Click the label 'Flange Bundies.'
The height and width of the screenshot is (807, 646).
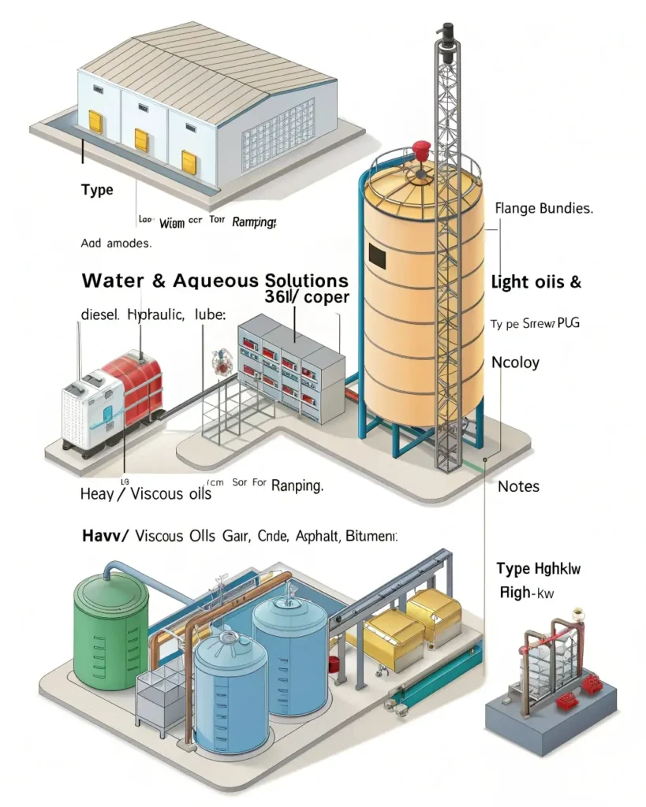(x=543, y=210)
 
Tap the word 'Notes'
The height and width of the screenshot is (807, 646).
(x=518, y=486)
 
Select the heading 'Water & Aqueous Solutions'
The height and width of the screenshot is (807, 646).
(x=215, y=280)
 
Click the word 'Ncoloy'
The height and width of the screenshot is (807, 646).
(x=516, y=363)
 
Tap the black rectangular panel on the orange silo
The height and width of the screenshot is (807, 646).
(x=377, y=255)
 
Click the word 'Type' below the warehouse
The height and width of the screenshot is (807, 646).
(x=97, y=190)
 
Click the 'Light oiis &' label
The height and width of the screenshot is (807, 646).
(x=536, y=282)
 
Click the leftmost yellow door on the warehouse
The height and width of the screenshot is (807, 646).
(x=95, y=121)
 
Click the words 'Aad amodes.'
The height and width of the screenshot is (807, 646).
(x=115, y=244)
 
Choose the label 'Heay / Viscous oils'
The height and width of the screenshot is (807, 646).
(x=146, y=494)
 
